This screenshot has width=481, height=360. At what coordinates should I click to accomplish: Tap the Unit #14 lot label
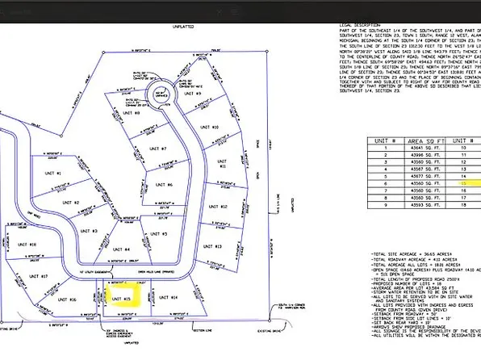168,298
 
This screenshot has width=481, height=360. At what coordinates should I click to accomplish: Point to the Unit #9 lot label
193,94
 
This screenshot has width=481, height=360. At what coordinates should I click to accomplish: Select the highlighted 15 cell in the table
466,183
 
